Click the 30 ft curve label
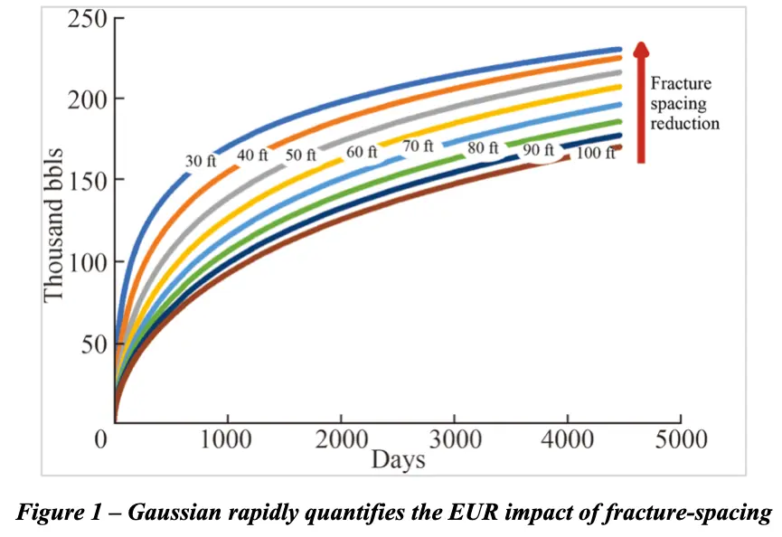201,162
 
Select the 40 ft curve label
253,155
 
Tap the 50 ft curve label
301,155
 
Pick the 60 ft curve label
362,152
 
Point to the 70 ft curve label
418,146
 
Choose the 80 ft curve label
484,149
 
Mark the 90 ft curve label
539,150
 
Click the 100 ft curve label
595,153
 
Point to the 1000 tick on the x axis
227,440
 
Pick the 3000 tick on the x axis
455,440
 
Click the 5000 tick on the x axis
680,440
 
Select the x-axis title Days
398,459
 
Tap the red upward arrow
641,101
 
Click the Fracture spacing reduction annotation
684,103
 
